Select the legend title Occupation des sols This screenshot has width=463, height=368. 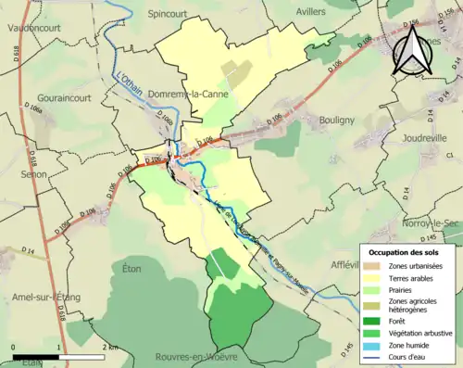pos(404,252)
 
